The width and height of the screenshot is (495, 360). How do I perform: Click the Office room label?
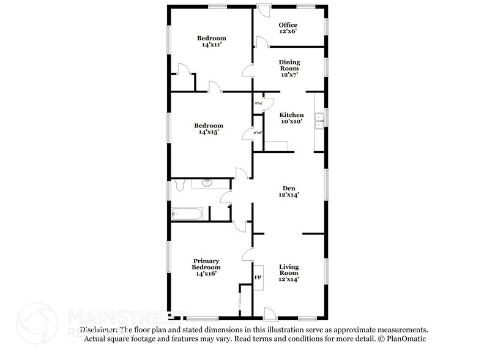pyautogui.click(x=288, y=28)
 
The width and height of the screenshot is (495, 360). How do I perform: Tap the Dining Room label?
pyautogui.click(x=289, y=68)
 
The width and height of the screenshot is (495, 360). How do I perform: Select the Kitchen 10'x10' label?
pyautogui.click(x=291, y=118)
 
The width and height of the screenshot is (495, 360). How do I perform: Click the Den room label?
pyautogui.click(x=289, y=191)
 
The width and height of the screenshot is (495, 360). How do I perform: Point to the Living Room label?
pyautogui.click(x=289, y=272)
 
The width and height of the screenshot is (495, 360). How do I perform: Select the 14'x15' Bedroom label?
pyautogui.click(x=210, y=129)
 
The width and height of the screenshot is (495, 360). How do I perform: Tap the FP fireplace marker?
pyautogui.click(x=258, y=277)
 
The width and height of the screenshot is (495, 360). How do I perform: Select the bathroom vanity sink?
pyautogui.click(x=206, y=182)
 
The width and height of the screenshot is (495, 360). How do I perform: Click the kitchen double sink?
pyautogui.click(x=319, y=122)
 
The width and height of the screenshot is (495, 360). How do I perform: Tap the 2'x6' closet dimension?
pyautogui.click(x=258, y=132)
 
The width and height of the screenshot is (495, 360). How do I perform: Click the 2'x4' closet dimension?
pyautogui.click(x=258, y=103)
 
